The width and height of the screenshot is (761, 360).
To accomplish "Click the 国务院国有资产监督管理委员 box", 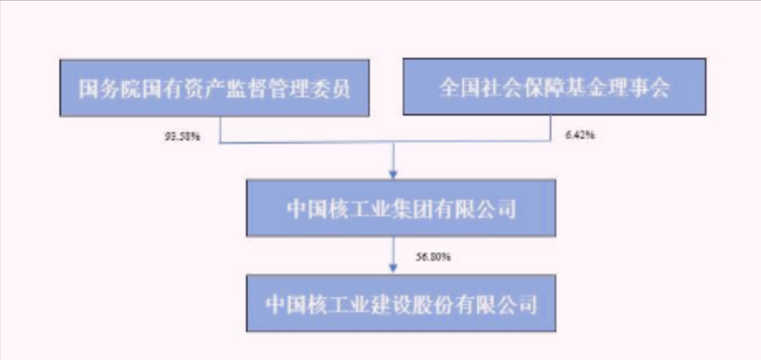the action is pos(215,88).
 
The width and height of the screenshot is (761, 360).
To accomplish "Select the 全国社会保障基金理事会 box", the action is pos(555,87).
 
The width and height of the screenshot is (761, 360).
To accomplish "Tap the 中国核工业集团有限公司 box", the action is pos(401,208).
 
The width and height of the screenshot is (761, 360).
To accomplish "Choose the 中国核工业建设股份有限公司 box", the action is pos(401,303).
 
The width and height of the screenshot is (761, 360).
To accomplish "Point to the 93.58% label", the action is pos(182,136).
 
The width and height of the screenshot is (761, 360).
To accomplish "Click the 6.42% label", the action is pos(580,135).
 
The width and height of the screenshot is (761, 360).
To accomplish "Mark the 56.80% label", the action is pos(433,257).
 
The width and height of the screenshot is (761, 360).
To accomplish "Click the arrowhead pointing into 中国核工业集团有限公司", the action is pos(394,175).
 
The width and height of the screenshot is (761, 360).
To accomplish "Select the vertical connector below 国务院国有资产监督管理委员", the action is pos(220,130).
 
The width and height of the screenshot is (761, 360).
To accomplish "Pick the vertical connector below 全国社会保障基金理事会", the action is pos(551,128).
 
